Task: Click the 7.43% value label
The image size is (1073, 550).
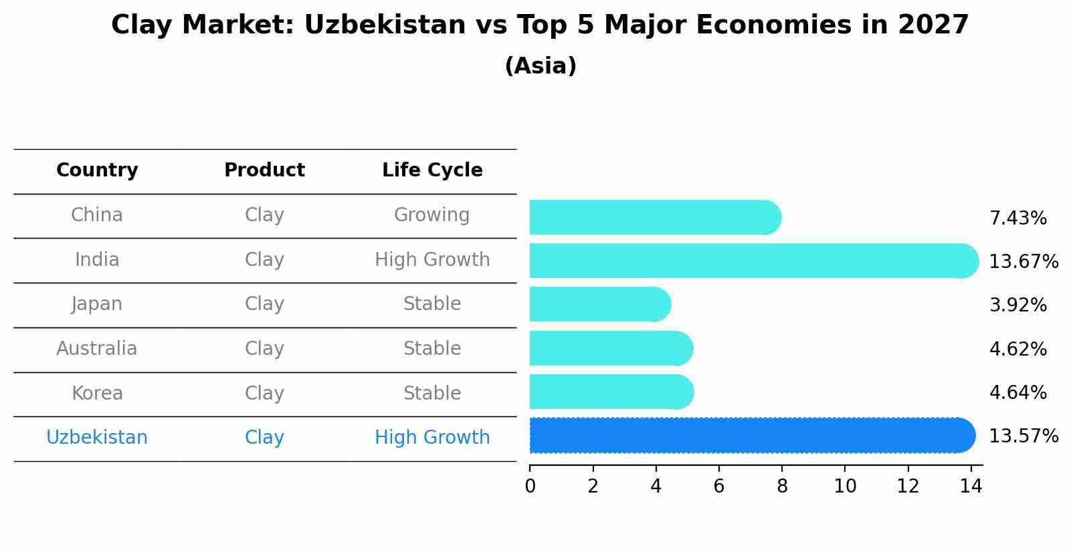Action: point(1017,219)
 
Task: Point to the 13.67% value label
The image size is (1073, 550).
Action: point(1023,262)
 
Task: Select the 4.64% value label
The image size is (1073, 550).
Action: point(1017,393)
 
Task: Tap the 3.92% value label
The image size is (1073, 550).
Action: point(1017,305)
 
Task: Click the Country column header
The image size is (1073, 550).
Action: point(97,170)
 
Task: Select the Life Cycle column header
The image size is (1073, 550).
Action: point(432,170)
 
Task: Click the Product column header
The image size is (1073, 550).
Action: point(264,170)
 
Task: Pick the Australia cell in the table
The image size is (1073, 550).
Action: point(97,349)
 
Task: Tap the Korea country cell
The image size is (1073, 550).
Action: point(97,394)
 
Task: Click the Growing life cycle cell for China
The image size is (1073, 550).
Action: point(431,215)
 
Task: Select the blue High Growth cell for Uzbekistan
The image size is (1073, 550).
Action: point(432,438)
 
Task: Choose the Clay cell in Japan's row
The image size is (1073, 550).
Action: point(264,304)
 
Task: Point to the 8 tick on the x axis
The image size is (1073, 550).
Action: point(782,487)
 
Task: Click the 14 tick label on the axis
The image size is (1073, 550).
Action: point(971,487)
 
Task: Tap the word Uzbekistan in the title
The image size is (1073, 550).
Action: point(384,25)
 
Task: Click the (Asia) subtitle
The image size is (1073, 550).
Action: point(541,66)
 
